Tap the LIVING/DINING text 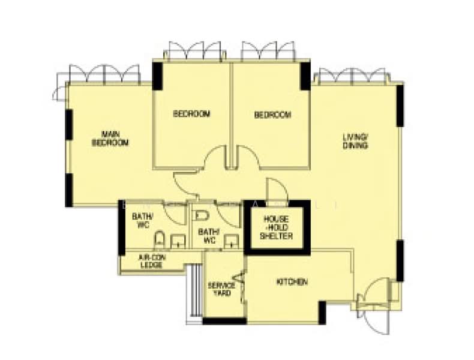point(355,141)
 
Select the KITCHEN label point(292,281)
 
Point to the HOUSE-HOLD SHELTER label point(276,229)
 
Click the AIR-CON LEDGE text point(151,262)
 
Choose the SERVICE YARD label point(221,289)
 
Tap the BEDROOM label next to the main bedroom point(191,114)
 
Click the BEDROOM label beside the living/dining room point(272,115)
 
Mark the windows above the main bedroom point(104,74)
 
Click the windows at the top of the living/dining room point(351,76)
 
